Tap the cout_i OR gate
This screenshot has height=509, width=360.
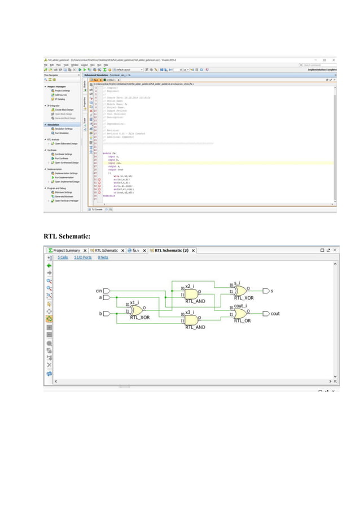241,313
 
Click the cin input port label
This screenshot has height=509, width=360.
98,291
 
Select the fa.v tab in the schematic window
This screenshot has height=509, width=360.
136,250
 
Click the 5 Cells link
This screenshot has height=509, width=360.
62,257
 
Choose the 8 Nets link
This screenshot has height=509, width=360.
103,257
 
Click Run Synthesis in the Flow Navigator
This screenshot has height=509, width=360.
60,159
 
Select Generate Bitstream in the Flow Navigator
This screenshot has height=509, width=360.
62,196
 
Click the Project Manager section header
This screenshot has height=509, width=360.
58,86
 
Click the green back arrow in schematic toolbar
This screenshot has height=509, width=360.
49,265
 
